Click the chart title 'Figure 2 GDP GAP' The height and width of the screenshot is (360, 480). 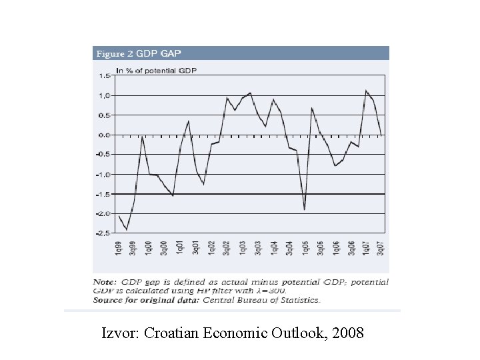pos(139,53)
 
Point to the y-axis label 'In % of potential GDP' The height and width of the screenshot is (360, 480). pos(156,69)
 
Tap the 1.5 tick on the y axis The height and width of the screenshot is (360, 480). pos(105,76)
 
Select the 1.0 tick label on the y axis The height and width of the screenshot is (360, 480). pos(105,96)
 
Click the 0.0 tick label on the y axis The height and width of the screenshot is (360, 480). pos(105,135)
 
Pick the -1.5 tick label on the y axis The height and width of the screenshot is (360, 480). pos(103,194)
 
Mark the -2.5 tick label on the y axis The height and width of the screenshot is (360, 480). pos(103,233)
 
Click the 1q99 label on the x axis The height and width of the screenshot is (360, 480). pos(119,248)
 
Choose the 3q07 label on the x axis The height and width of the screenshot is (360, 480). pos(381,248)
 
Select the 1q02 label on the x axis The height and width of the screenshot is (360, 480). pos(211,248)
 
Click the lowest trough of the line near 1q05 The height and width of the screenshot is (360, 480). pos(305,210)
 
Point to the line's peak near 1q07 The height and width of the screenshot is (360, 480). pos(366,91)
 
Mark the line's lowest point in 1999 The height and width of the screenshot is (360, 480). pos(127,229)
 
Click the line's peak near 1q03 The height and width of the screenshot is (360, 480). pos(250,93)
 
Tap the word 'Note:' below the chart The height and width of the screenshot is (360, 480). pos(104,282)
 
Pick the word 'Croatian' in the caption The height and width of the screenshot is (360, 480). pos(171,331)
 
